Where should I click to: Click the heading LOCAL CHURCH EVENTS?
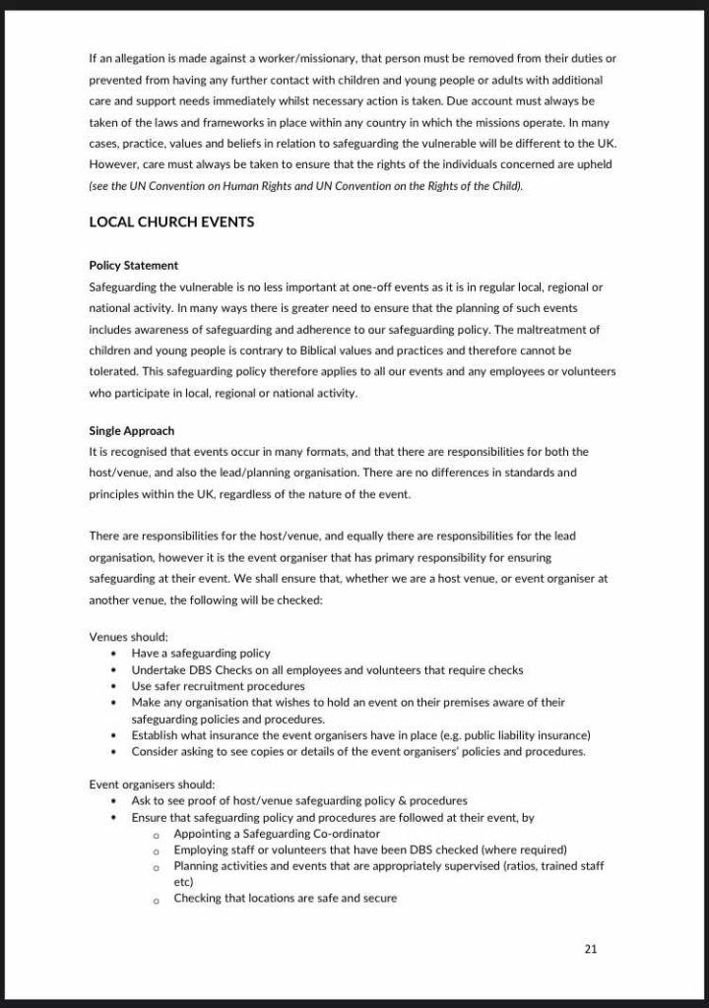click(171, 222)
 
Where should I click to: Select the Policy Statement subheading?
click(133, 266)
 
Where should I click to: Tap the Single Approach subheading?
click(131, 431)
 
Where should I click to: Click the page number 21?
click(591, 949)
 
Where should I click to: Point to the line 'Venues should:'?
click(129, 636)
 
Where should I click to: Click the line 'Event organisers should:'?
click(152, 785)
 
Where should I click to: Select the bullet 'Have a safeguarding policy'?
click(201, 653)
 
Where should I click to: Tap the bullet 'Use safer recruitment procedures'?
click(218, 686)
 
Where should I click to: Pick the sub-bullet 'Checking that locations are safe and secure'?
click(285, 898)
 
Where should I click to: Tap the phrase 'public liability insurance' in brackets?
click(523, 735)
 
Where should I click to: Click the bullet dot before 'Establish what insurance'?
click(115, 735)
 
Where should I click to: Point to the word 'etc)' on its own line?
click(184, 882)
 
